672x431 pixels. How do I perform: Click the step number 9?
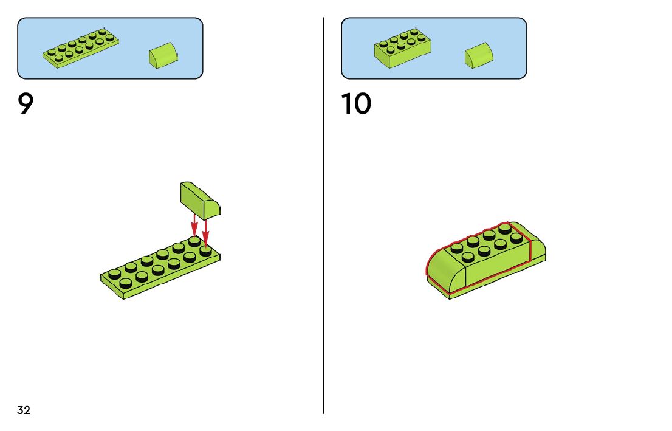click(25, 104)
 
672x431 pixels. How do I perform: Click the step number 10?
click(356, 104)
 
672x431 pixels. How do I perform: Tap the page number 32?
click(24, 410)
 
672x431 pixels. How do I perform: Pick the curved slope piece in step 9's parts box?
click(162, 55)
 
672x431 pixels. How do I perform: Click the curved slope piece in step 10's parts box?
click(479, 55)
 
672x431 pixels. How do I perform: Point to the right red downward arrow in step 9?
click(205, 230)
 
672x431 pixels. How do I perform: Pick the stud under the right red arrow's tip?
click(205, 249)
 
